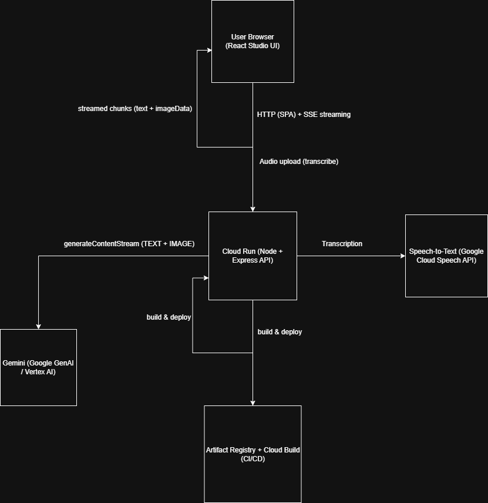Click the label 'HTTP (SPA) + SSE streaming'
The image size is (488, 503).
pos(304,115)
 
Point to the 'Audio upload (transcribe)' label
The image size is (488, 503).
pos(299,162)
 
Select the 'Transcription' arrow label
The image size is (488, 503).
pos(342,244)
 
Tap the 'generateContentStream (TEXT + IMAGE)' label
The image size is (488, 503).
pos(129,244)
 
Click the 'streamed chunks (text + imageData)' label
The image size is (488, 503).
pos(135,109)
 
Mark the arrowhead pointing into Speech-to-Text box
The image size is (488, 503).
pos(402,256)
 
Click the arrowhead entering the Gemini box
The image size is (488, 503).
pos(38,326)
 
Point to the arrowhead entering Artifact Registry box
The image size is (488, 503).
pos(253,403)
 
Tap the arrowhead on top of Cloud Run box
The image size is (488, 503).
pos(253,209)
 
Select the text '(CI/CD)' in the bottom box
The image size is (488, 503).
pos(253,459)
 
